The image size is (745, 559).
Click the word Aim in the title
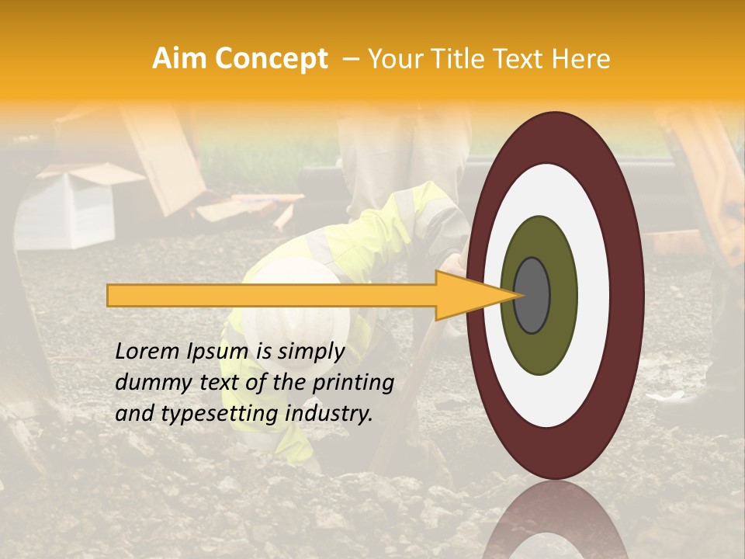click(x=180, y=59)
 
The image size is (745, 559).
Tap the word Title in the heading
click(x=466, y=59)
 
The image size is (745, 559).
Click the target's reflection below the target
click(x=556, y=520)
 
